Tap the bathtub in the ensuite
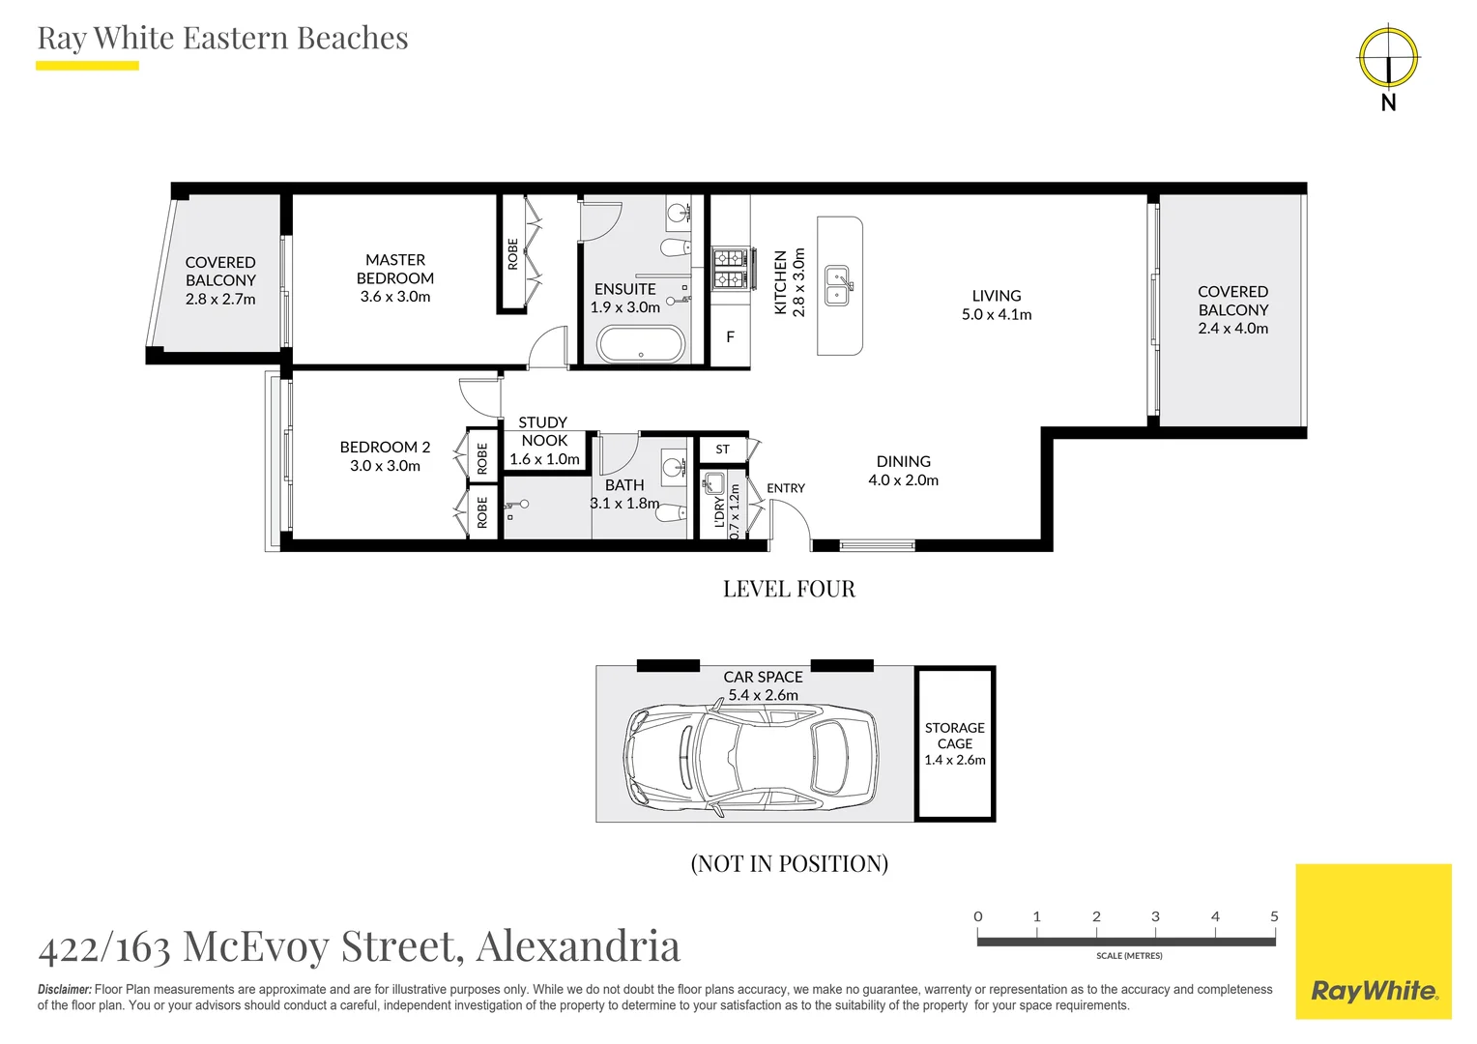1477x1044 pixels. pos(641,343)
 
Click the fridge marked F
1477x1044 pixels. pos(730,337)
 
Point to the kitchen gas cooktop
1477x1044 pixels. pos(731,269)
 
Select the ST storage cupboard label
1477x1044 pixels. pos(723,449)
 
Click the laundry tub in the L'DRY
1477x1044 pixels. pos(713,483)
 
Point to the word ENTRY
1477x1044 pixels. pos(785,488)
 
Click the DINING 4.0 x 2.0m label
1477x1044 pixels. pos(904,470)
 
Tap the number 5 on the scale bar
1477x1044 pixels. pos(1274,916)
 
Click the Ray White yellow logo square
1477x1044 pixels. pos(1374,942)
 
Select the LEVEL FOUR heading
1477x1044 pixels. pos(789,589)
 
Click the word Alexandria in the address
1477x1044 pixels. pos(578,945)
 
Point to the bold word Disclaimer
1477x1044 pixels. pos(65,989)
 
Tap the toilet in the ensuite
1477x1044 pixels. pos(675,248)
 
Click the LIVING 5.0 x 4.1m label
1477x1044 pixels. pos(997,304)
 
